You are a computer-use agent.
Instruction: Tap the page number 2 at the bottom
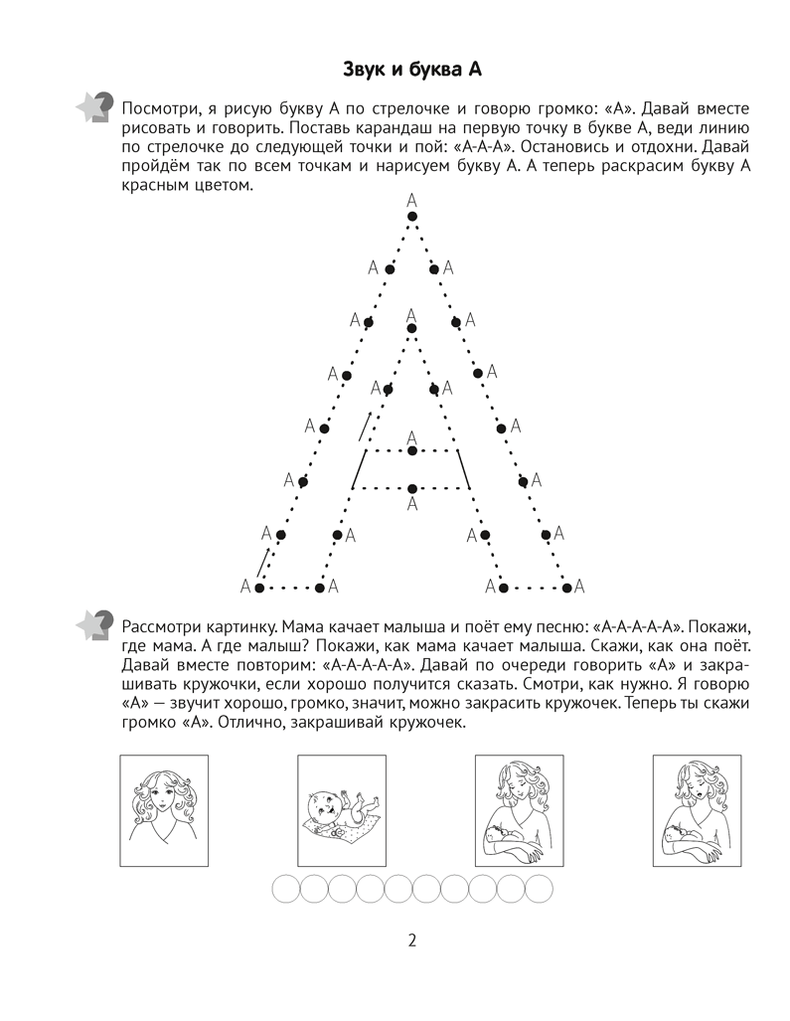[411, 940]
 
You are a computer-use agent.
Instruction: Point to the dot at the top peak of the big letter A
[412, 216]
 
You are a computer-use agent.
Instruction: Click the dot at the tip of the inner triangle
[411, 329]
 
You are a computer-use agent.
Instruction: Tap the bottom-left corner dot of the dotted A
[259, 588]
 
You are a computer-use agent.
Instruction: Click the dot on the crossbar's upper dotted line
[411, 451]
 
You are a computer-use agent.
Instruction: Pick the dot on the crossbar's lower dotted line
[411, 487]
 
